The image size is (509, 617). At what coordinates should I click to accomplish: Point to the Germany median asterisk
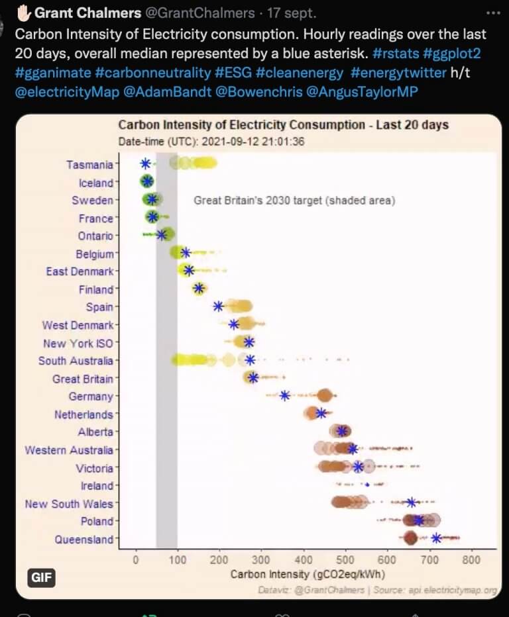click(x=285, y=396)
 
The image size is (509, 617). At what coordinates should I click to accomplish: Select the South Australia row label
click(x=76, y=361)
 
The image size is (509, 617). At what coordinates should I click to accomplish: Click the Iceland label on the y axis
click(x=96, y=183)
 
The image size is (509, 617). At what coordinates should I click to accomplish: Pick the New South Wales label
click(x=69, y=504)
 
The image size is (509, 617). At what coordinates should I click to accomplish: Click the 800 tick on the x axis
click(x=472, y=560)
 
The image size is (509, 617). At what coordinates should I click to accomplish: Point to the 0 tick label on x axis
click(x=136, y=560)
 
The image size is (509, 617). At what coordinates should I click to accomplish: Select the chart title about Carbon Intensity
click(x=283, y=125)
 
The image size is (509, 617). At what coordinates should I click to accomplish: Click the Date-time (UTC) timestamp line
click(x=211, y=141)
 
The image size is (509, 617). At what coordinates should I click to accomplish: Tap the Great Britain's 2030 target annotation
click(x=294, y=201)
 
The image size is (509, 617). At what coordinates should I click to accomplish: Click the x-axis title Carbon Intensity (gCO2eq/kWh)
click(x=308, y=574)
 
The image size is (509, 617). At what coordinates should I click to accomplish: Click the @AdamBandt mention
click(x=158, y=91)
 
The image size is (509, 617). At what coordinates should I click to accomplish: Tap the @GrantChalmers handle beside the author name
click(x=208, y=13)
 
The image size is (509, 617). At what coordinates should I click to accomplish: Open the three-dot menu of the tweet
click(x=494, y=13)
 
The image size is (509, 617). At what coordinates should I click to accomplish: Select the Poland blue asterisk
click(x=418, y=520)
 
